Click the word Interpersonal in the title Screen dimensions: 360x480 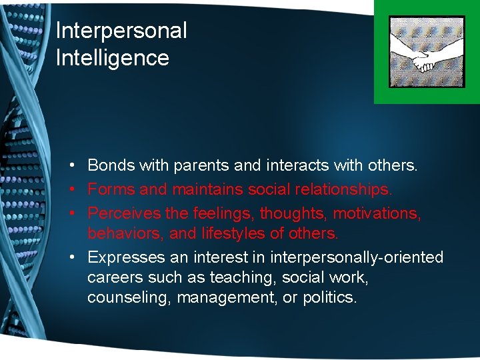[x=121, y=31]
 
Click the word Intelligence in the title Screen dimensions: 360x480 [x=112, y=58]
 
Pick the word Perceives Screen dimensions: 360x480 [x=123, y=213]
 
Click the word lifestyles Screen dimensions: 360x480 [x=233, y=234]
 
